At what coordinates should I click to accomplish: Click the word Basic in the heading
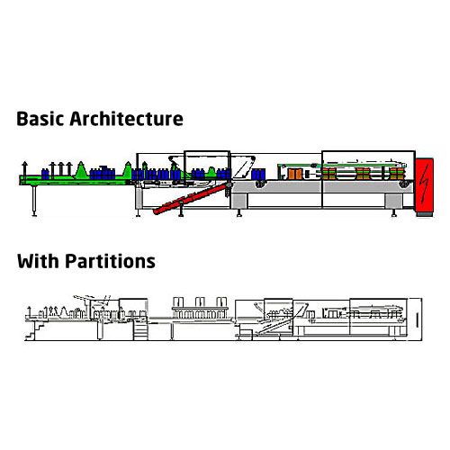coord(40,119)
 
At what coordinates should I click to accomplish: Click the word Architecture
coord(126,119)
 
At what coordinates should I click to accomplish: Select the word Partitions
coord(110,261)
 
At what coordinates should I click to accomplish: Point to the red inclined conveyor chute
coord(190,198)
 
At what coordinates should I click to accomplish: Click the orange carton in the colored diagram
coord(295,174)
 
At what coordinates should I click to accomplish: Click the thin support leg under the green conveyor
coord(34,201)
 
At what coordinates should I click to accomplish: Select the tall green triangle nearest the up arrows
coord(80,171)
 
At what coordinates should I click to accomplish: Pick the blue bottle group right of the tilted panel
coord(258,174)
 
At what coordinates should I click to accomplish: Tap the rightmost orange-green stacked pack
coord(397,174)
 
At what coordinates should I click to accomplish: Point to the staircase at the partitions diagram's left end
coord(35,330)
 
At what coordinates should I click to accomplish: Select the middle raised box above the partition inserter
coord(200,301)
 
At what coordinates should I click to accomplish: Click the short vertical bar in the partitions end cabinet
coord(417,319)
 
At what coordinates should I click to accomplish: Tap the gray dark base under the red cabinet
coord(425,214)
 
